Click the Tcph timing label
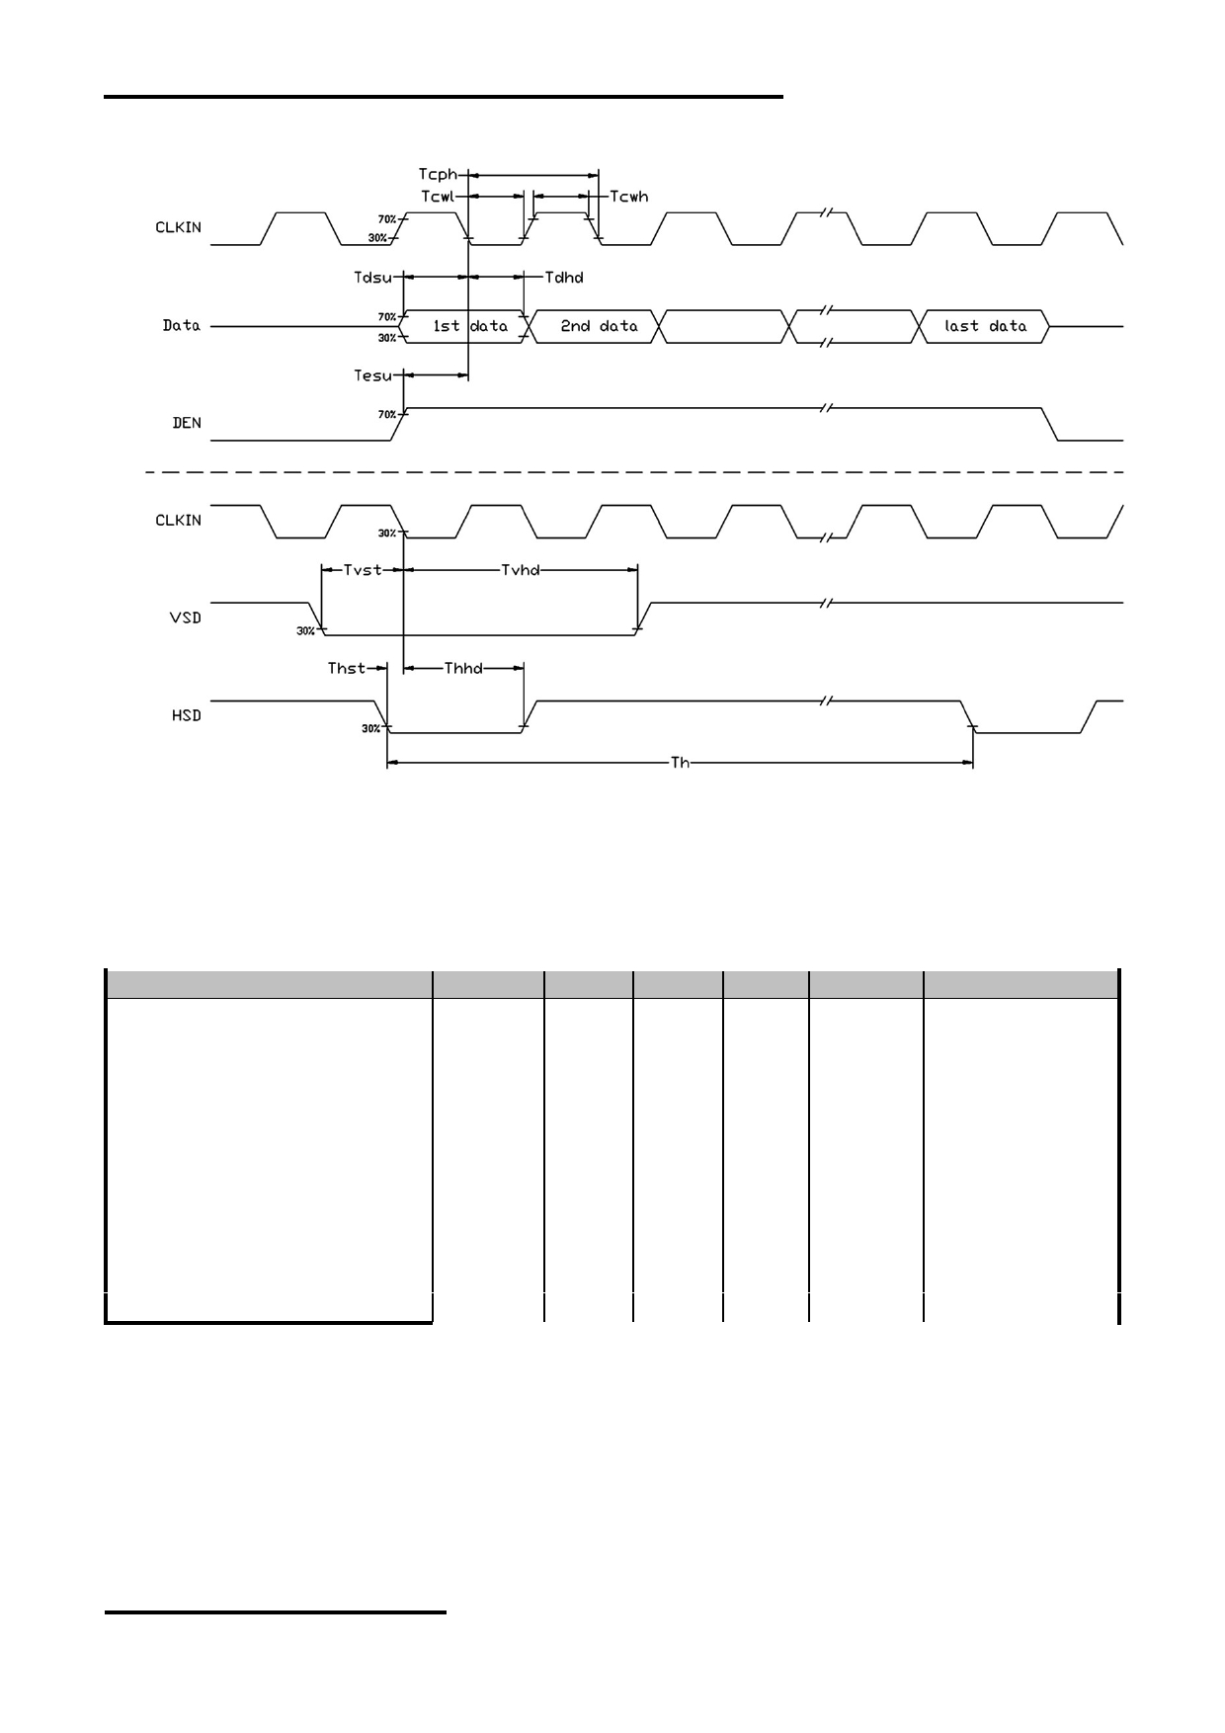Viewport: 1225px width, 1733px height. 438,176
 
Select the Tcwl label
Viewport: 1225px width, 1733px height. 438,197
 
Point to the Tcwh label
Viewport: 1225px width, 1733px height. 629,197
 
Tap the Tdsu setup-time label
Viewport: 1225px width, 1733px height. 373,277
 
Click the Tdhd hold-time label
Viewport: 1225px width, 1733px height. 564,277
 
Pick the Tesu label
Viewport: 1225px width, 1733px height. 372,375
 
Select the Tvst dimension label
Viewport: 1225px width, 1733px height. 363,570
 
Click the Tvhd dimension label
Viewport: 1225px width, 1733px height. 521,570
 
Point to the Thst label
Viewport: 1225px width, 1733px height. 347,669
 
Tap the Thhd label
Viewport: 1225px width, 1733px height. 463,669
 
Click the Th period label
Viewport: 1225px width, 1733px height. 680,763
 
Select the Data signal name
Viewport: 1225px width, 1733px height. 182,325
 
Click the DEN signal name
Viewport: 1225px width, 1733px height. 187,423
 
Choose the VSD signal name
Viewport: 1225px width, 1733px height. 186,618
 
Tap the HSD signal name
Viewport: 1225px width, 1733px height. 186,715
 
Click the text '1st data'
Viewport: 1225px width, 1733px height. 470,326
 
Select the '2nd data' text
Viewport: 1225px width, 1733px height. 599,326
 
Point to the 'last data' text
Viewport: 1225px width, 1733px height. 986,326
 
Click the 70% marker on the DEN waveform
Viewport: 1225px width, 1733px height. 387,415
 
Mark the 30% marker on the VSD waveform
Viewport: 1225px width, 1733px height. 306,631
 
